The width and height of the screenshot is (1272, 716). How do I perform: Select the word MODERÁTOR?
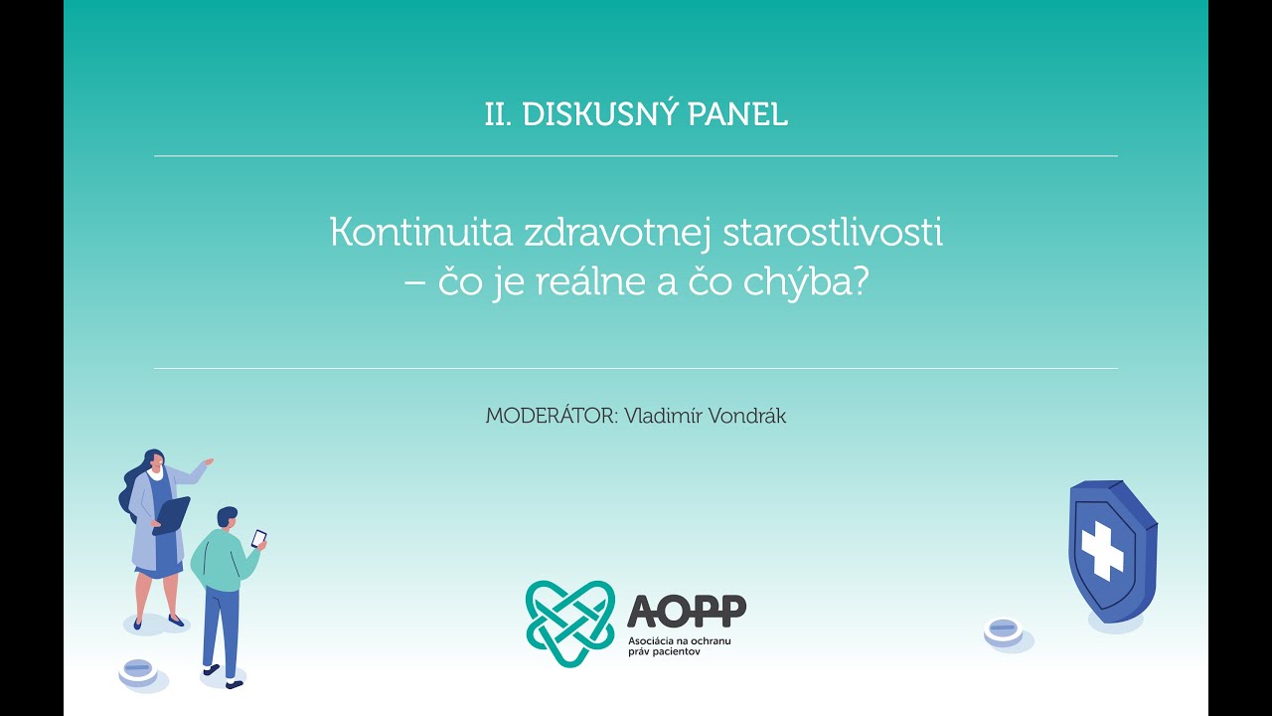[x=551, y=416]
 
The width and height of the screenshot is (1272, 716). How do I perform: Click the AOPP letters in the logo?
[x=687, y=610]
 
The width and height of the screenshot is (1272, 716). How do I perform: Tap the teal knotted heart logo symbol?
[x=570, y=623]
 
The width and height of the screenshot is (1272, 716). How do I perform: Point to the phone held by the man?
[x=258, y=538]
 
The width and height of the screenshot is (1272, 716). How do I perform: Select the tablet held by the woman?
[x=172, y=514]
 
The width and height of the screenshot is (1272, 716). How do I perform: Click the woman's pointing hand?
[x=207, y=462]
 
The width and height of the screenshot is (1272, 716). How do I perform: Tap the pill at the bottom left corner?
[x=138, y=671]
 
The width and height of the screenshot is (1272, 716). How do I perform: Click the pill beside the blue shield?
[x=1004, y=629]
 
